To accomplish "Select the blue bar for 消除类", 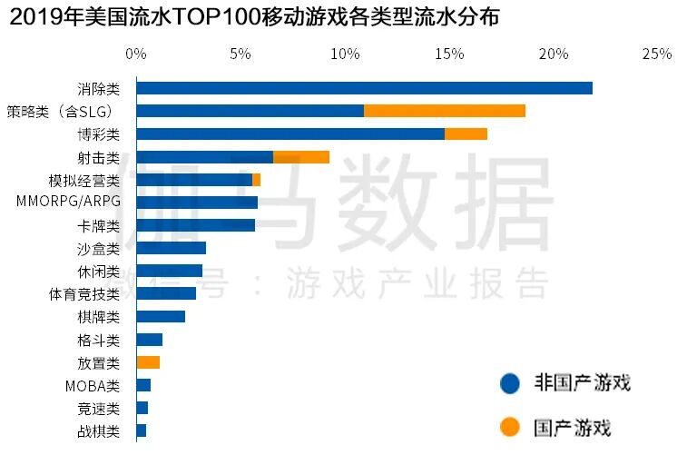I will coord(364,88).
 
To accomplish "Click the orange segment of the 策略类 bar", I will coord(444,111).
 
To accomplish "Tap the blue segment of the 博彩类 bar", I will coord(290,134).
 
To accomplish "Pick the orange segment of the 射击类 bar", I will coord(300,157).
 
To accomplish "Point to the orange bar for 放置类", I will coord(148,362).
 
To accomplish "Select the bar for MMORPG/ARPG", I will coord(197,203).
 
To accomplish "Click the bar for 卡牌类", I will coord(195,225).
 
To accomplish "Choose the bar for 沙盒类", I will coord(171,248).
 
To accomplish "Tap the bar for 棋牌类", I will coord(161,317).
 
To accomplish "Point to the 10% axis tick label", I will coord(345,54).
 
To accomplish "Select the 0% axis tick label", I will coord(136,54).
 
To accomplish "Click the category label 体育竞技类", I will coord(83,294).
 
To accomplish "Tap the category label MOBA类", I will coord(93,386).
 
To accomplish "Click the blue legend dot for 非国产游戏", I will coord(510,383).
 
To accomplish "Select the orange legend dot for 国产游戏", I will coord(510,427).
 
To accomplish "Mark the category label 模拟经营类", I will coord(83,180).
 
